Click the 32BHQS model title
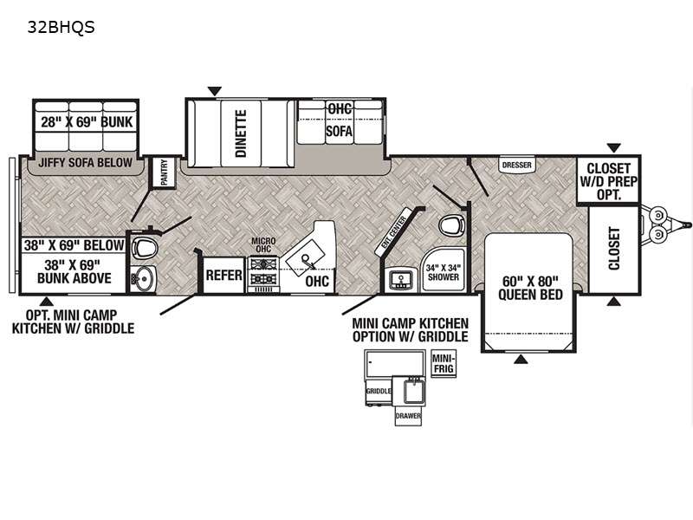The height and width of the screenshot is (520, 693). point(61,27)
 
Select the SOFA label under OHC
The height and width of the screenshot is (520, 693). point(339,131)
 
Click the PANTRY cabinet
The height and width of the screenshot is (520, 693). point(164,172)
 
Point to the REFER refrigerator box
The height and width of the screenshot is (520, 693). point(223,275)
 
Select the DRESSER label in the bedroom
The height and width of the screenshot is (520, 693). point(517,165)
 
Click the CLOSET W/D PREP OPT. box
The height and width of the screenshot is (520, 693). point(609,180)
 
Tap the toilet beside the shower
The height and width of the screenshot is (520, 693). point(450,227)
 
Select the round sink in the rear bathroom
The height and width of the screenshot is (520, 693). point(143,279)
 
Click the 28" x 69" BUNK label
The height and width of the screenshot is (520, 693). point(87,122)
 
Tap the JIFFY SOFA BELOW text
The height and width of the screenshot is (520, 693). point(85,163)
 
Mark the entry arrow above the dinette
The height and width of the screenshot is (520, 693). point(214,91)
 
